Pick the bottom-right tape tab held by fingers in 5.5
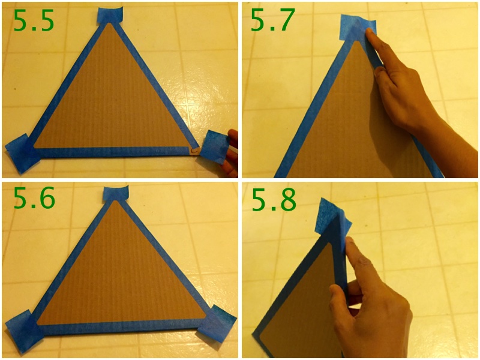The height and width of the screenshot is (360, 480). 214,146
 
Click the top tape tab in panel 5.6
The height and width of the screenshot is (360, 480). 116,194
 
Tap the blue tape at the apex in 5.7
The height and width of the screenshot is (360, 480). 357,26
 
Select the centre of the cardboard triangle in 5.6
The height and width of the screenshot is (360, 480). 117,279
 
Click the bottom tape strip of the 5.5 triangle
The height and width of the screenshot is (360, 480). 114,152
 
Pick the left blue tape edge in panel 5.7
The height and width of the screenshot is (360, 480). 312,114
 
